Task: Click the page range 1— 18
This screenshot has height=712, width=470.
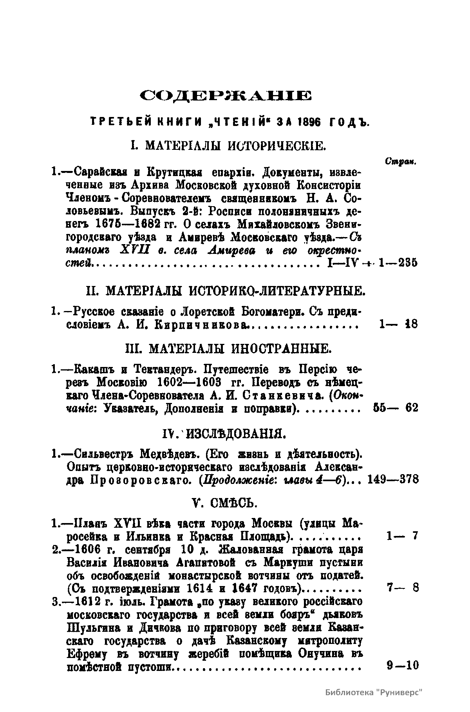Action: click(398, 324)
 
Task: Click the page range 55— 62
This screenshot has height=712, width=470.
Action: click(396, 408)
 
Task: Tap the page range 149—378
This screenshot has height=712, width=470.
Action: click(393, 479)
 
